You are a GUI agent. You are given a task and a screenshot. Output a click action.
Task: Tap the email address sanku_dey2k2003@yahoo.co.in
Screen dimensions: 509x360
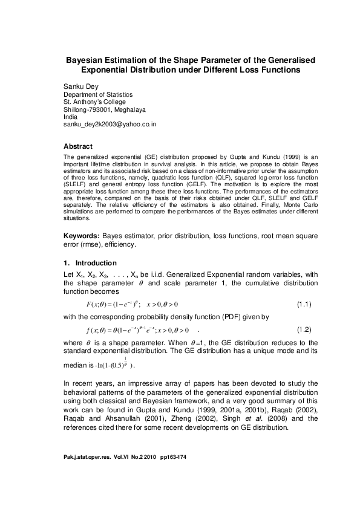coord(111,123)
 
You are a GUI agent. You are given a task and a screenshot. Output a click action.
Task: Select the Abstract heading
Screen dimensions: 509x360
coord(78,146)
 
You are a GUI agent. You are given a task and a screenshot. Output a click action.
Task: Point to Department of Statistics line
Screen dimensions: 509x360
coord(99,94)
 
